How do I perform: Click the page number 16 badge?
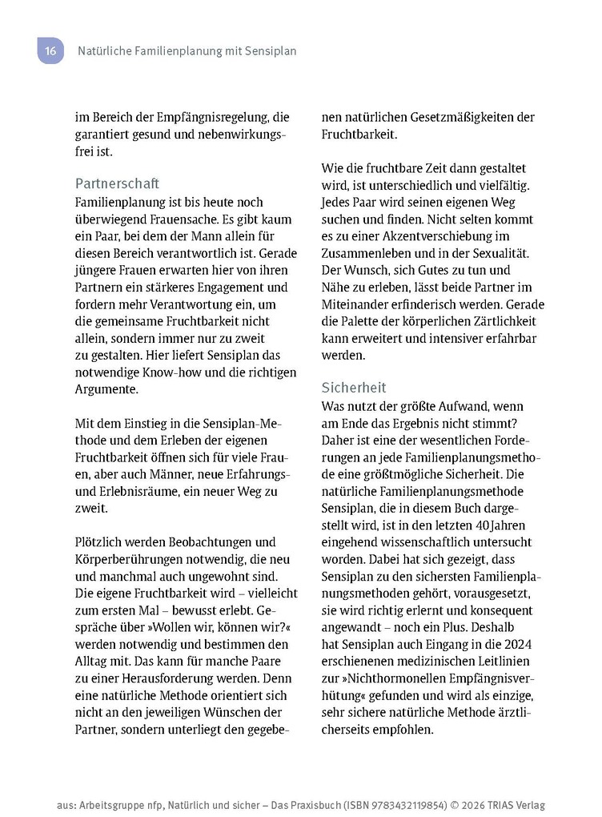click(50, 50)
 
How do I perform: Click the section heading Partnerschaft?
click(117, 183)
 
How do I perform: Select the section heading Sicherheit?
click(354, 388)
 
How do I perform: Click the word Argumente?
click(106, 390)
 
